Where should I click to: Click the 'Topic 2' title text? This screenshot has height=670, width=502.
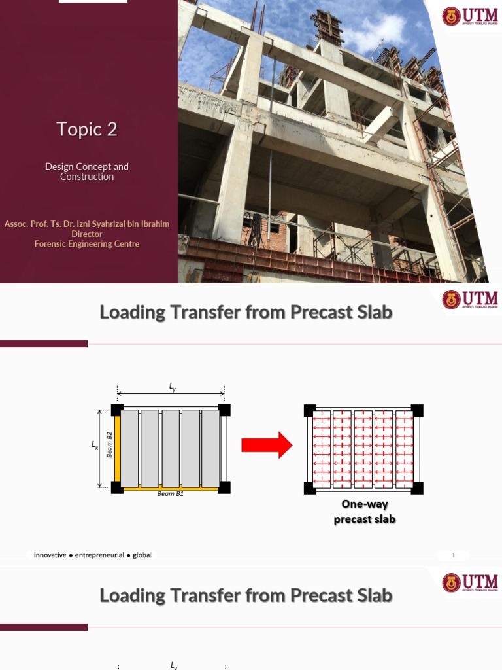click(87, 130)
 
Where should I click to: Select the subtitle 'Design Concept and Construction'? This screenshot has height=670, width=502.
click(87, 171)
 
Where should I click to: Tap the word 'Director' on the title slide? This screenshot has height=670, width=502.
click(87, 234)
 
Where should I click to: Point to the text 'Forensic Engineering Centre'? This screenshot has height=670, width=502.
click(87, 244)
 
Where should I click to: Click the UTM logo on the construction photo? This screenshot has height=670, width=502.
click(469, 16)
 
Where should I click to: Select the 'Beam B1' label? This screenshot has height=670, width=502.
click(171, 494)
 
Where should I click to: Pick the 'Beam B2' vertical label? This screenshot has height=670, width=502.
click(110, 444)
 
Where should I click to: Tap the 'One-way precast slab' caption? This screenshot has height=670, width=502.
click(365, 512)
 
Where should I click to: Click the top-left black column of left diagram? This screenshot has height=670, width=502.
click(117, 410)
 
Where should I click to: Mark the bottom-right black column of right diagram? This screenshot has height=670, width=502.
click(416, 488)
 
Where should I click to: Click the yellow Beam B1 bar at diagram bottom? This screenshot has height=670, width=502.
click(170, 488)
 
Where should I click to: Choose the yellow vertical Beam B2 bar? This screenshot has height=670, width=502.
click(118, 448)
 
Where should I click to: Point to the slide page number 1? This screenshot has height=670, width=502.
click(453, 555)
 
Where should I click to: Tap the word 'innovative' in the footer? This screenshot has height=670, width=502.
click(50, 555)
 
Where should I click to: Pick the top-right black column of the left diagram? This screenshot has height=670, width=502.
click(224, 410)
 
